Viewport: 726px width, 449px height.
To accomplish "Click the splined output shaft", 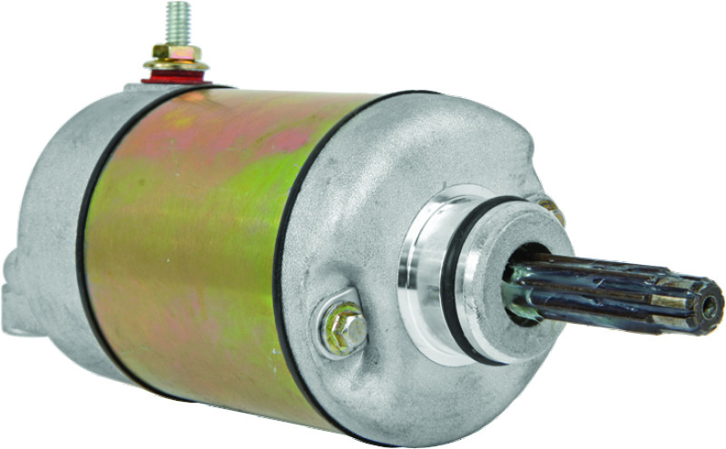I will pos(617,290).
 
